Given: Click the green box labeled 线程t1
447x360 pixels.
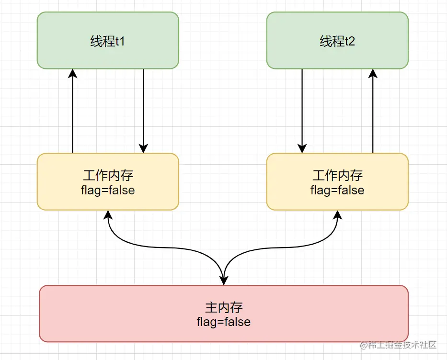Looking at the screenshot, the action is tap(108, 40).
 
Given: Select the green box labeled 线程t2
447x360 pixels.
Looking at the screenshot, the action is tap(337, 40).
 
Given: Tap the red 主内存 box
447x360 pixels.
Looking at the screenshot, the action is tap(224, 314).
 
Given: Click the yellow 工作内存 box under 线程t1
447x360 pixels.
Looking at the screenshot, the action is tap(108, 182).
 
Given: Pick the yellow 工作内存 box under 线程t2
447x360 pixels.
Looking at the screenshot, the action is tap(337, 182).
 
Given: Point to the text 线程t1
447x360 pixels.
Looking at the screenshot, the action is tap(107, 41).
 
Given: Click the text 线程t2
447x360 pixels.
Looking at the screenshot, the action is tap(337, 41).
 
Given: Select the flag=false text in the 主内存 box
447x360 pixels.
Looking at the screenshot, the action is tap(223, 322).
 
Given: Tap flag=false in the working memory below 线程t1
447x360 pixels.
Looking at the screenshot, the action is tap(108, 190).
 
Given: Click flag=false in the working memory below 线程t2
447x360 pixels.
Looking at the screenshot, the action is tap(337, 190).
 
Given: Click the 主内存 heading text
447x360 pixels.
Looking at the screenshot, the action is tap(224, 308).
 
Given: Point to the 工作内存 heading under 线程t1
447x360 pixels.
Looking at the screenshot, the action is tap(108, 175).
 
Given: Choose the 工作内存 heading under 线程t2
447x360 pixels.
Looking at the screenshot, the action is tap(337, 175).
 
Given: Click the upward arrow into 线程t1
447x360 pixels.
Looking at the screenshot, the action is tap(73, 111).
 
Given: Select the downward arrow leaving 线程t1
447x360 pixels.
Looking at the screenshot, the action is tap(143, 111).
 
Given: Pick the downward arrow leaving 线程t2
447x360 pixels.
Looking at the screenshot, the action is tap(302, 111).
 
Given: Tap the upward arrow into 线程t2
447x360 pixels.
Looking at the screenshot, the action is tap(373, 111).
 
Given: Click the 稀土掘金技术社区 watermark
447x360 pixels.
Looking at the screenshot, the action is tap(398, 345).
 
